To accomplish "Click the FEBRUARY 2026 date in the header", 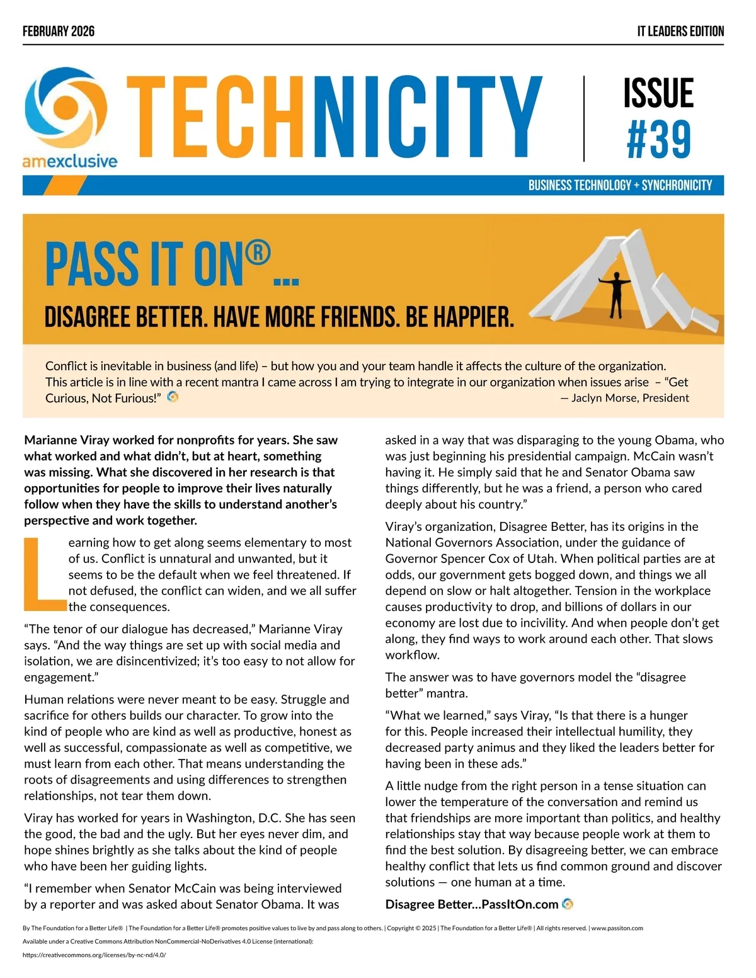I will [59, 31].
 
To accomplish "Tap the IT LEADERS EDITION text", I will [680, 31].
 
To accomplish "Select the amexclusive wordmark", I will [70, 161].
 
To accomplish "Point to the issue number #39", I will [658, 140].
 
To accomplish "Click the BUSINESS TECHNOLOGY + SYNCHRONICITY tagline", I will [620, 185].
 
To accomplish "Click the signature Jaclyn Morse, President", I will [624, 398].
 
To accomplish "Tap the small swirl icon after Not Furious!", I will [173, 397].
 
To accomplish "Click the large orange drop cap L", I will [44, 574].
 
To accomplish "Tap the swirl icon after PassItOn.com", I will [568, 904].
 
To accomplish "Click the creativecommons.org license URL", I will [94, 955].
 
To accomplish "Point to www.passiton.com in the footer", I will [617, 928].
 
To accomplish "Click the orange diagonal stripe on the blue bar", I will [69, 185].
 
